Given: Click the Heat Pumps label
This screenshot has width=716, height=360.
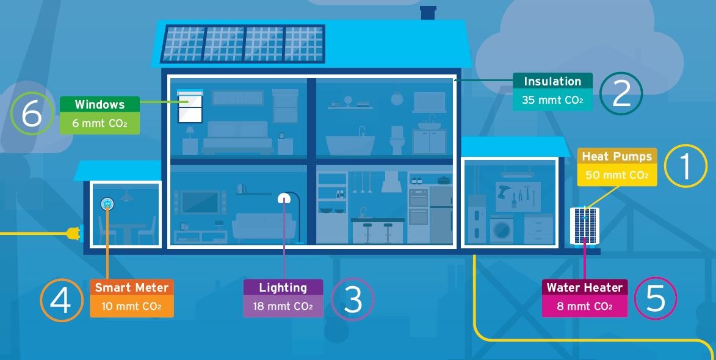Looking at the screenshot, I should coord(617,157).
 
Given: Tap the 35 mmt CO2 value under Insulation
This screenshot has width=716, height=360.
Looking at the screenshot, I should coord(552,100).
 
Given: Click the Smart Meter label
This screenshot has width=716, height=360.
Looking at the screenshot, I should coord(131,287).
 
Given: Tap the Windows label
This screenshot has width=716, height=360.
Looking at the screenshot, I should coord(99,105).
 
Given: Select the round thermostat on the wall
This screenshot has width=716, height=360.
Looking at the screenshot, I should coord(107,203).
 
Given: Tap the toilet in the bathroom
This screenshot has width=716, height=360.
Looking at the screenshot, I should coord(397,141).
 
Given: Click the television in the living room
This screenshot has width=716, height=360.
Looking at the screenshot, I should coord(200,203).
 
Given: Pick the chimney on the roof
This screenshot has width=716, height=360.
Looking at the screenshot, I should coord(429,13).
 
